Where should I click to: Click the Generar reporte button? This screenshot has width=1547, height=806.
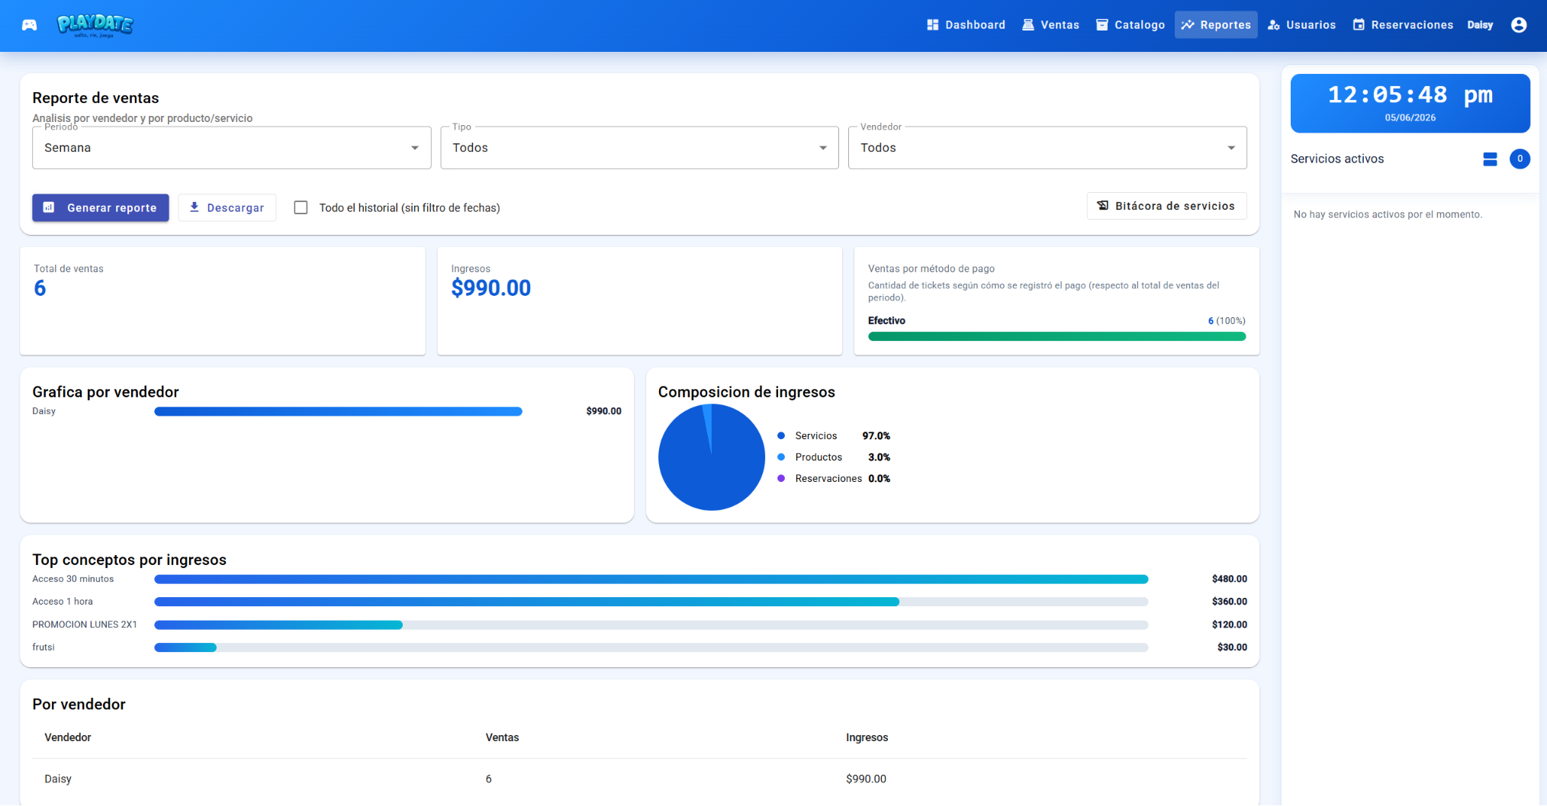click(x=101, y=207)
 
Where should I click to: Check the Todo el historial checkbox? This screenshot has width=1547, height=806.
click(x=301, y=207)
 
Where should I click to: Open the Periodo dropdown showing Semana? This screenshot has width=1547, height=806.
click(x=231, y=148)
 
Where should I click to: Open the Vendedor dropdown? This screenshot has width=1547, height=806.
click(x=1047, y=148)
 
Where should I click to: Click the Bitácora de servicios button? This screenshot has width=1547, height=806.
click(x=1166, y=206)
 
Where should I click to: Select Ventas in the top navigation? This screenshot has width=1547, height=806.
click(x=1051, y=25)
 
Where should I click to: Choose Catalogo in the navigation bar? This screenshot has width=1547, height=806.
click(x=1130, y=25)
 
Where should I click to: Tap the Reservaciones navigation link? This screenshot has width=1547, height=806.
click(x=1403, y=25)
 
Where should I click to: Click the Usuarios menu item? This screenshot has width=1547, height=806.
click(x=1301, y=25)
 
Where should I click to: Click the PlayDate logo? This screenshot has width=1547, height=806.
click(x=95, y=25)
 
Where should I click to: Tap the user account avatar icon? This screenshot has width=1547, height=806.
click(x=1519, y=25)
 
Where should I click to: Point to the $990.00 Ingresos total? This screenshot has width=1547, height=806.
click(x=490, y=288)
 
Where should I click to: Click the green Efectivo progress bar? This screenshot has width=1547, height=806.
click(x=1057, y=336)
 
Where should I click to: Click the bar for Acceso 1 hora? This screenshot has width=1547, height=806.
click(x=526, y=602)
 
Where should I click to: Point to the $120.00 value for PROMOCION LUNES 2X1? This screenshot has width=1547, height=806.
click(x=1229, y=625)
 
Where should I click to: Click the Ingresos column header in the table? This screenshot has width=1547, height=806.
click(x=867, y=737)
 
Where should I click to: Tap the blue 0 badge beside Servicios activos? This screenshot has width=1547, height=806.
click(x=1520, y=159)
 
